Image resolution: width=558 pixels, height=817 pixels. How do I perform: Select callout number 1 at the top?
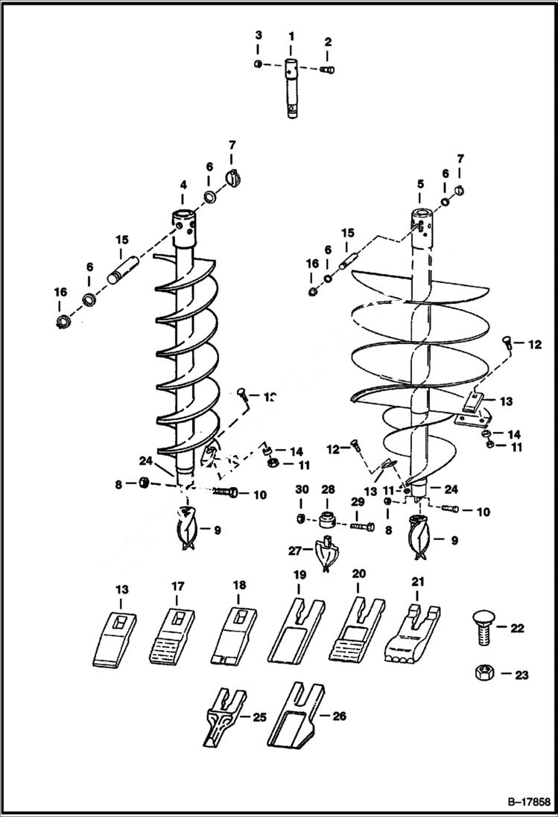point(291,36)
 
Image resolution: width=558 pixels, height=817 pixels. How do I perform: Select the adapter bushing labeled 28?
point(328,518)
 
